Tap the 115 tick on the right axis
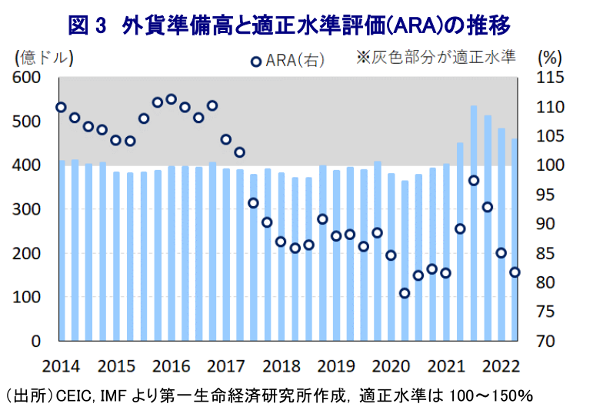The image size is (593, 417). coord(551,78)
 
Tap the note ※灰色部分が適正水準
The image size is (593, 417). coord(435,57)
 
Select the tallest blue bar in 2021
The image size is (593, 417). coord(474,223)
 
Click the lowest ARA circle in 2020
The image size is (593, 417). coord(405,293)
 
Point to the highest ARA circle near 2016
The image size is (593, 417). coord(172,99)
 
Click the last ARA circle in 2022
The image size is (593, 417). coord(515,272)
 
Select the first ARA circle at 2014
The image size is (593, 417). coord(61,107)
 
